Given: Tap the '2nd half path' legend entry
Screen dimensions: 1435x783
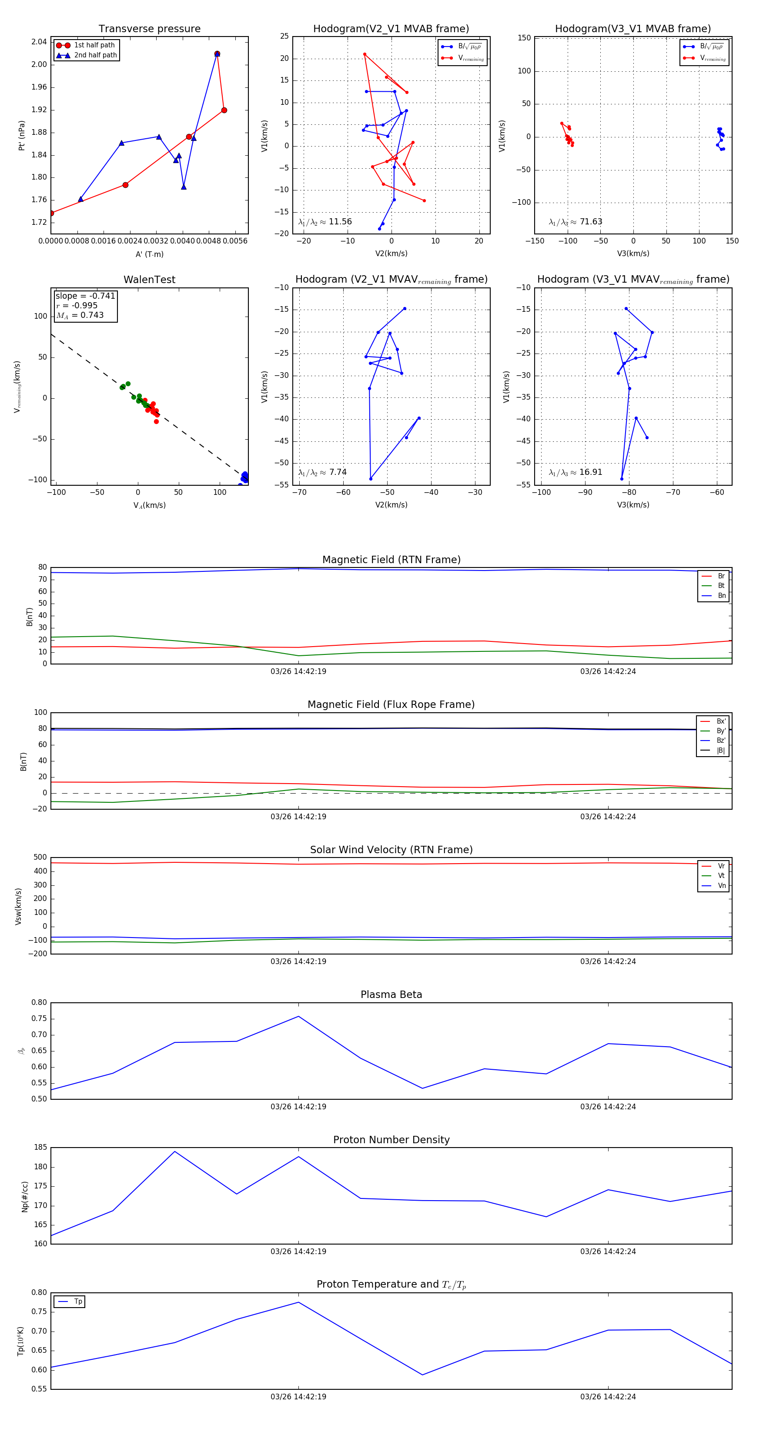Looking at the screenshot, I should tap(95, 55).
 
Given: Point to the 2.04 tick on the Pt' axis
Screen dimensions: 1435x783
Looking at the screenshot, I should tap(39, 42).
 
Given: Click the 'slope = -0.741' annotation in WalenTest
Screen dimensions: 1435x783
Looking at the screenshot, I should tap(85, 296).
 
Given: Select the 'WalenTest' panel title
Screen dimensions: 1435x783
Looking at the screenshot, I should tap(149, 280).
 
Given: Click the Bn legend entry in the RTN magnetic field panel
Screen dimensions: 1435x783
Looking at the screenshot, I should tap(721, 595).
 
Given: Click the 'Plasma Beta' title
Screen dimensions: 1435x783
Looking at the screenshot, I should tap(391, 994).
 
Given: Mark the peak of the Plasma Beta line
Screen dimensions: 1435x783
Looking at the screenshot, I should tap(299, 1016).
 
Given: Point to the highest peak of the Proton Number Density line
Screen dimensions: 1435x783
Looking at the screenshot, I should tap(174, 1151).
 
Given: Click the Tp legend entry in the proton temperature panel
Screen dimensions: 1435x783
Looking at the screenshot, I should tap(78, 1302).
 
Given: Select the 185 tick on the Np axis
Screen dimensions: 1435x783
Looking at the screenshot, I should tap(40, 1148).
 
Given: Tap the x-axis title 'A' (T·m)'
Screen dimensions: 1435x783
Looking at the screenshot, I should tap(149, 254).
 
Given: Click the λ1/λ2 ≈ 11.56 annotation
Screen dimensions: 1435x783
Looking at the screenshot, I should tap(325, 222).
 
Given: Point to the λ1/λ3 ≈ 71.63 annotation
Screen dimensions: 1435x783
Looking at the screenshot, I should tap(576, 222).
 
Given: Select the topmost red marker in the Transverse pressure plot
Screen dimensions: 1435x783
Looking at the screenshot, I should tap(217, 54).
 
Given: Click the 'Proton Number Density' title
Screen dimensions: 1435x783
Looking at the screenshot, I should tap(391, 1140).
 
